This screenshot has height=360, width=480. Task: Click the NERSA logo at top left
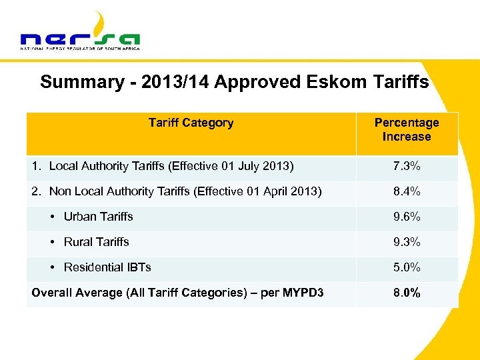pos(80,33)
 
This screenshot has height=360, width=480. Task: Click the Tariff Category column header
pos(191,123)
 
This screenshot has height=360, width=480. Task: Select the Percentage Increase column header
pos(407,129)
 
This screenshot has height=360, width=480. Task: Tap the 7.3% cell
pos(407,166)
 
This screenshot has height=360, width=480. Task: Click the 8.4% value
pos(407,191)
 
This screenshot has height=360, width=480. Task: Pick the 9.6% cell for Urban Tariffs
pos(407,217)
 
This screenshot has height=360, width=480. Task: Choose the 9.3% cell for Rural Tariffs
pos(407,242)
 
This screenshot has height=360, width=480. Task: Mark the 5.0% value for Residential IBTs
pos(407,267)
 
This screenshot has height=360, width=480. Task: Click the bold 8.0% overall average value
pos(407,293)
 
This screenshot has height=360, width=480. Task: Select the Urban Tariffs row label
pos(98,217)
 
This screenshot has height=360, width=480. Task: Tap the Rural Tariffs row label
pos(96,242)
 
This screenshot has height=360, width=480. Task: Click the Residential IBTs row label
pos(107,267)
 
